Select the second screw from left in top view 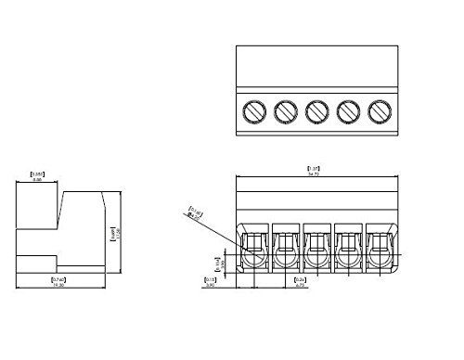(285, 111)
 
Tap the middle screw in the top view (316, 111)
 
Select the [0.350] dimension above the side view (38, 174)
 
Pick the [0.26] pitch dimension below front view (300, 278)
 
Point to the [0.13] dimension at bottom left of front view (210, 278)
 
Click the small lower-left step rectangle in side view (37, 264)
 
